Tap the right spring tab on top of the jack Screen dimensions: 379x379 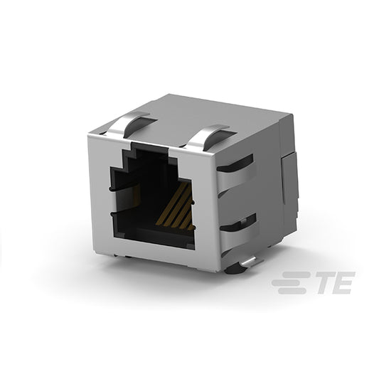(205, 137)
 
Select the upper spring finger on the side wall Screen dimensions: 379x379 (235, 178)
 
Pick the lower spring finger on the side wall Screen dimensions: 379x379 (240, 235)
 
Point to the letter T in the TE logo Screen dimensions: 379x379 (325, 282)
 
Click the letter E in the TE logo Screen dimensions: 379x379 (343, 282)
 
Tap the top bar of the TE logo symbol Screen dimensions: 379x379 (296, 274)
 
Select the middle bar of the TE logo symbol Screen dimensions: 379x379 (289, 282)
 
